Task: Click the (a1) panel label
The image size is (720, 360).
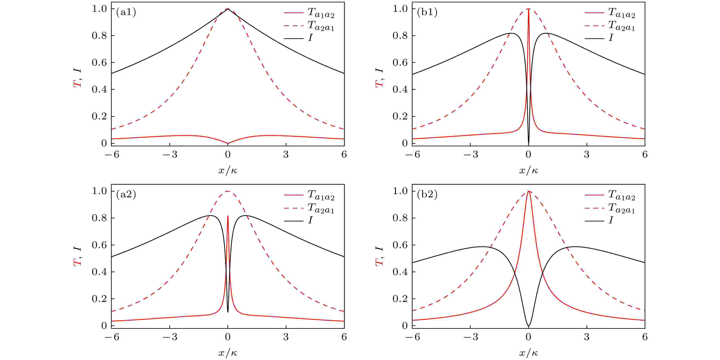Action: pyautogui.click(x=126, y=12)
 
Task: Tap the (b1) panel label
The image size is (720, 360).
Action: pyautogui.click(x=427, y=12)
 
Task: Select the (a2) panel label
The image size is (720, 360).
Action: pyautogui.click(x=126, y=195)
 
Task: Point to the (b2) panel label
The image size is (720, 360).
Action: pyautogui.click(x=427, y=195)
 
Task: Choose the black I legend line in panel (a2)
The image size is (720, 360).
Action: pyautogui.click(x=294, y=221)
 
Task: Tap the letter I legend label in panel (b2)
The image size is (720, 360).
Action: pyautogui.click(x=611, y=221)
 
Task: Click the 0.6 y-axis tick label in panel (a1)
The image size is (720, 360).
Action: pyautogui.click(x=99, y=63)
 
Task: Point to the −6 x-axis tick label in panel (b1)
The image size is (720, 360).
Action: pyautogui.click(x=413, y=155)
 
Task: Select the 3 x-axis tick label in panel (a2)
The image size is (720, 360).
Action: pyautogui.click(x=286, y=337)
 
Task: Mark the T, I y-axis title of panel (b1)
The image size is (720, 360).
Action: pyautogui.click(x=379, y=78)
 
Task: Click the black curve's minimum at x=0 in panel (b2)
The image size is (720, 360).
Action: pyautogui.click(x=528, y=325)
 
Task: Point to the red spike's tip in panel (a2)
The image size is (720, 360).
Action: pyautogui.click(x=228, y=216)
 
